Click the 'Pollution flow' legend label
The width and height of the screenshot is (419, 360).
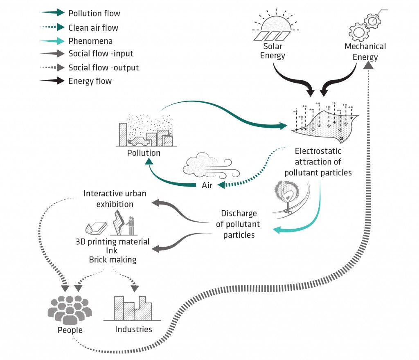(x=94, y=13)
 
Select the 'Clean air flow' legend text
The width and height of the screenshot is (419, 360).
(x=93, y=27)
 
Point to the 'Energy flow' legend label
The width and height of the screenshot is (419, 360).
(x=90, y=81)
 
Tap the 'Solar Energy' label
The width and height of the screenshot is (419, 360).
(x=273, y=51)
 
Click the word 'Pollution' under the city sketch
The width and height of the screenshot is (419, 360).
(x=144, y=153)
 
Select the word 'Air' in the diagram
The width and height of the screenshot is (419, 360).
(x=207, y=185)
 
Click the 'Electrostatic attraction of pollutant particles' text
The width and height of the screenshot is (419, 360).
(x=318, y=162)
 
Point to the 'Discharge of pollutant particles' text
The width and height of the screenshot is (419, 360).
(x=239, y=224)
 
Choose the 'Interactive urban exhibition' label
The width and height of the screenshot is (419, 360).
(x=115, y=198)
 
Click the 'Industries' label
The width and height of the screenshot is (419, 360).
(x=133, y=329)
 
